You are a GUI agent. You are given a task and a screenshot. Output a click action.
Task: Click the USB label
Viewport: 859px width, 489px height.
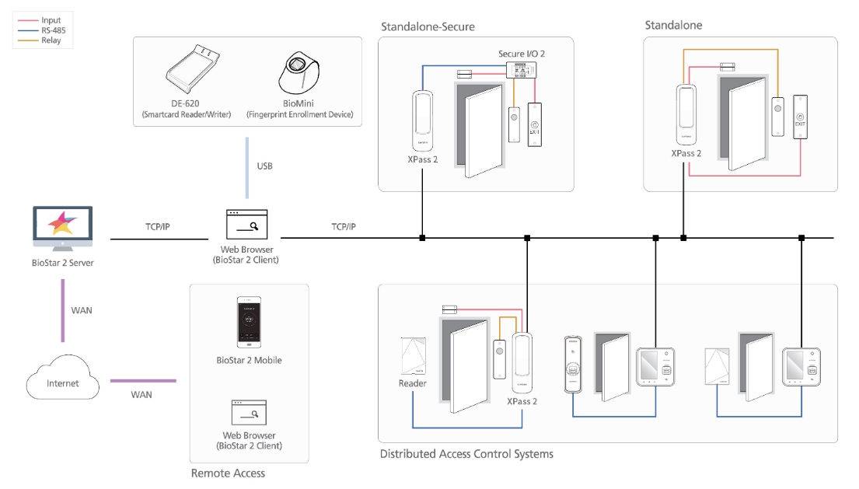point(264,166)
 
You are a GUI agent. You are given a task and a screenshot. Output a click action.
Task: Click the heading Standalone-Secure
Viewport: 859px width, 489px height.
point(428,26)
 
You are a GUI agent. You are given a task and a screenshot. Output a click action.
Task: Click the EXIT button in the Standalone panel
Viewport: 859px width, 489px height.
point(801,117)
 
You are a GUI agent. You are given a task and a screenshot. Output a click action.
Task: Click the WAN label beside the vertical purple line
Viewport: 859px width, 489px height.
point(82,310)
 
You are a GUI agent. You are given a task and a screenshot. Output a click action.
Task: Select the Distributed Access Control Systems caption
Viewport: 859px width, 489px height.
point(466,453)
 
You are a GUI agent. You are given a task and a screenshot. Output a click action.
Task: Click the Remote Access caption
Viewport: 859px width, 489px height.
point(228,473)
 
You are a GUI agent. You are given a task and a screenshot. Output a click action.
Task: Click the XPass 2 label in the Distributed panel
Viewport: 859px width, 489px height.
point(522,402)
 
